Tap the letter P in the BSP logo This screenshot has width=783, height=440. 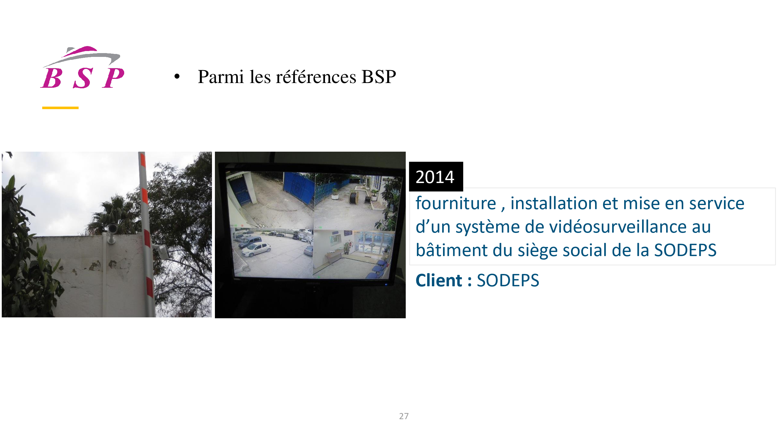[x=113, y=78]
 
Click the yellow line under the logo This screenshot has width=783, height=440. [x=60, y=108]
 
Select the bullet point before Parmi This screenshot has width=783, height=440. [x=177, y=77]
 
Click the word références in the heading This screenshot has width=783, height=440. [x=316, y=77]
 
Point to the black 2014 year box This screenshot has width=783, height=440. [x=436, y=176]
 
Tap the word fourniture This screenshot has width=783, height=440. [x=456, y=203]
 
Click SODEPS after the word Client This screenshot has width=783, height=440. [x=508, y=280]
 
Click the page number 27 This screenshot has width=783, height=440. [x=404, y=416]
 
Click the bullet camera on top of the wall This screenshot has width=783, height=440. [x=112, y=229]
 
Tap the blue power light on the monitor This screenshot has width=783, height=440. [x=386, y=285]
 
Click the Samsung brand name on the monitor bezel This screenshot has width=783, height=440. [x=313, y=284]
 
